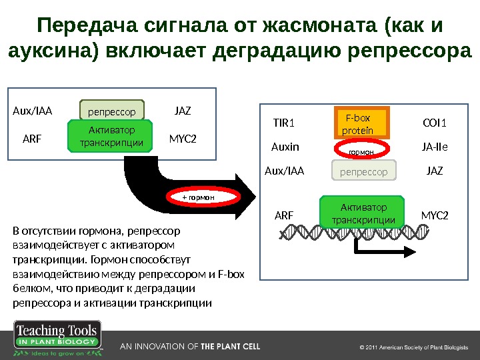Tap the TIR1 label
(284, 123)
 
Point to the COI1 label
(435, 123)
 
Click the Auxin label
(285, 147)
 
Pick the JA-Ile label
(435, 147)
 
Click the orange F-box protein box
(359, 125)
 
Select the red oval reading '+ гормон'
(200, 197)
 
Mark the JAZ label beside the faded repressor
(435, 171)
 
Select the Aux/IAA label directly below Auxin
(285, 171)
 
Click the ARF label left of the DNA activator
(284, 216)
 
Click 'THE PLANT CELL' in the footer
(231, 347)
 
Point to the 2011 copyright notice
(414, 347)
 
